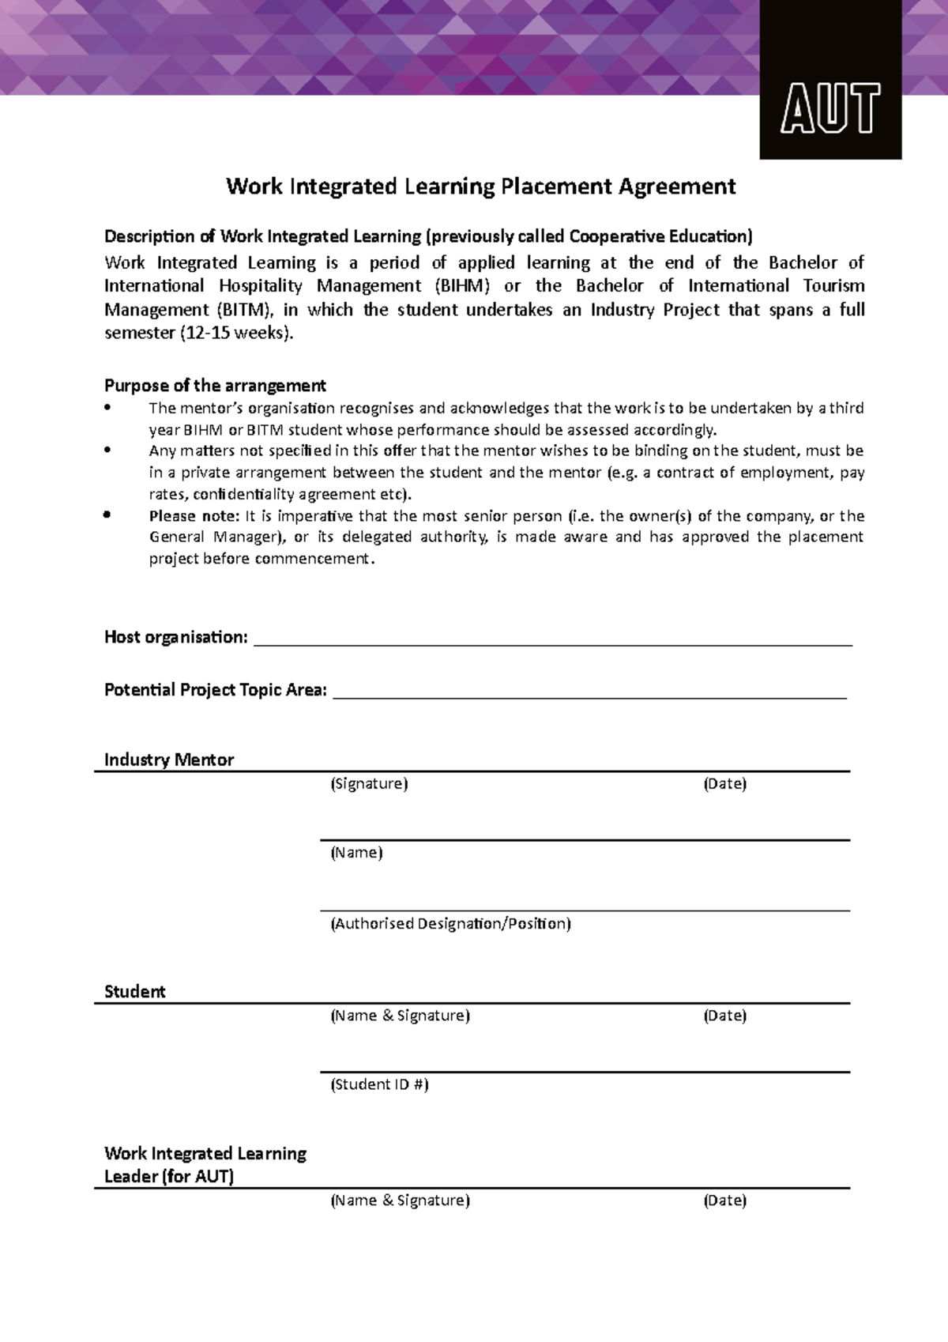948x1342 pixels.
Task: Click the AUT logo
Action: tap(830, 108)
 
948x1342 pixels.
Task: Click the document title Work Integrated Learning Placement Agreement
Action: tap(480, 187)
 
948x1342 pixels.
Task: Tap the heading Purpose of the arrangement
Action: tap(215, 386)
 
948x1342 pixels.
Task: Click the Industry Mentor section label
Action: tap(169, 760)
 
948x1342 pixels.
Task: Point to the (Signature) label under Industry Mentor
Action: tap(369, 784)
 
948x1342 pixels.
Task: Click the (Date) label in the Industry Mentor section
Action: tap(724, 784)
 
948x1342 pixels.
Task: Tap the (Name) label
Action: tap(356, 853)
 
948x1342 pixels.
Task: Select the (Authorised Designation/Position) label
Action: tap(450, 923)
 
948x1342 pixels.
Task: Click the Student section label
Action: tap(135, 992)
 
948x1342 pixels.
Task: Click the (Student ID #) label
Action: tap(379, 1084)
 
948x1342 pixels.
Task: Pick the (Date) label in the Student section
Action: tap(724, 1016)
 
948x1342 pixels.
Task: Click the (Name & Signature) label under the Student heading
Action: tap(400, 1016)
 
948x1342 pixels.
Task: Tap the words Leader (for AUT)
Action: tap(169, 1176)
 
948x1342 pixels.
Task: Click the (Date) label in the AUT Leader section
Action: tap(724, 1201)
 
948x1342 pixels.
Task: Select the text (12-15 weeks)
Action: tap(237, 333)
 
